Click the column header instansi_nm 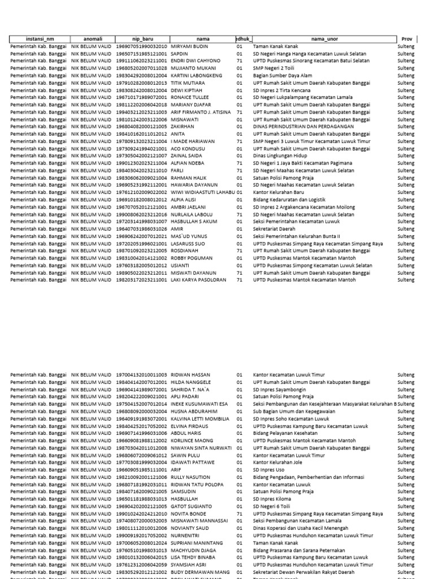coord(38,38)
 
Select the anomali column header coord(90,38)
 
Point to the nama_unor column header coord(324,38)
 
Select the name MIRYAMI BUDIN coord(190,46)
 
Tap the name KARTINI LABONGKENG coord(197,75)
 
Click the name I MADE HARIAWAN coord(193,141)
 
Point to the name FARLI coord(177,171)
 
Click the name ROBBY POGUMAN coord(193,258)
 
